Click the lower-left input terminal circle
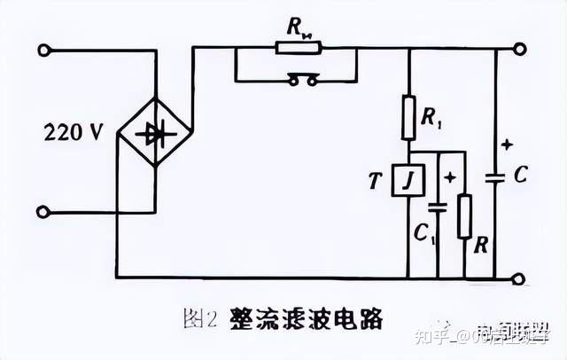point(47,213)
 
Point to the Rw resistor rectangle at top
point(296,48)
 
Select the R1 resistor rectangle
point(408,118)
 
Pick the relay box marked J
point(408,183)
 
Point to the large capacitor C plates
point(497,177)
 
